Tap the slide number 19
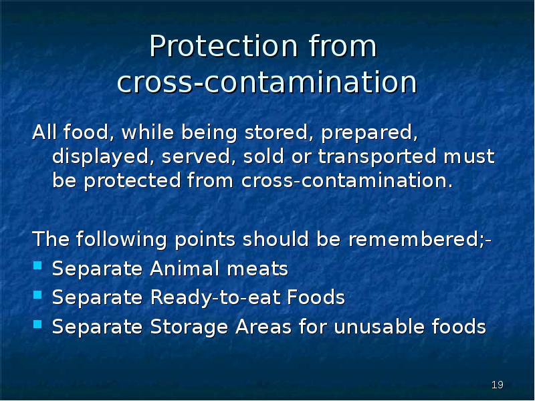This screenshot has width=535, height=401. pyautogui.click(x=497, y=385)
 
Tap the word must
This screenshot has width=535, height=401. pyautogui.click(x=472, y=157)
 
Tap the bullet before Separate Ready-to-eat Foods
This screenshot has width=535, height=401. pyautogui.click(x=37, y=296)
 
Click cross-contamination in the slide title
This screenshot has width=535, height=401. pyautogui.click(x=267, y=83)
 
